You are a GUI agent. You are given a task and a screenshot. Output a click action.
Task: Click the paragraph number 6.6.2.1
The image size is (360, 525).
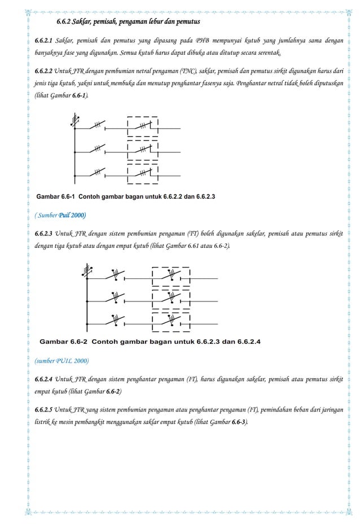(43, 42)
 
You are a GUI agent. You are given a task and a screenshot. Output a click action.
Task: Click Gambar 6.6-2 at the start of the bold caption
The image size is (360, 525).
(63, 342)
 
